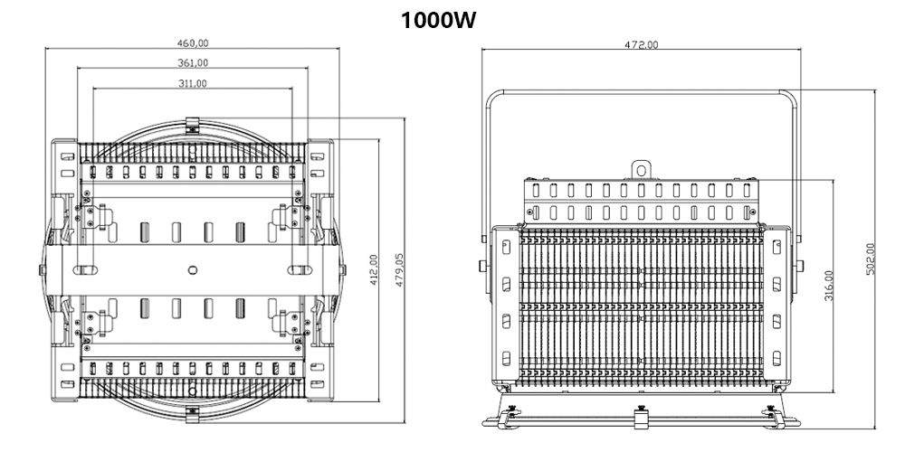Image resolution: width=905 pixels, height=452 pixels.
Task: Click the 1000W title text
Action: [440, 20]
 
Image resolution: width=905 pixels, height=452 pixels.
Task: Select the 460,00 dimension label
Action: [192, 42]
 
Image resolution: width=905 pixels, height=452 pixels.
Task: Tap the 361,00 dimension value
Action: [192, 62]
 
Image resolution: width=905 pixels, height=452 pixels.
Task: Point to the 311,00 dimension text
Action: [192, 83]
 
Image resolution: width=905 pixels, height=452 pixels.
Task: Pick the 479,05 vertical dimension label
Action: [399, 270]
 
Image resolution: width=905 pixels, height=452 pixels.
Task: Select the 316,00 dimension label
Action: [829, 286]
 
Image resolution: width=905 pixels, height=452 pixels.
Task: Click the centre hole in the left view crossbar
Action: [192, 268]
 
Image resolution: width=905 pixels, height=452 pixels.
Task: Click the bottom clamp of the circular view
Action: [192, 412]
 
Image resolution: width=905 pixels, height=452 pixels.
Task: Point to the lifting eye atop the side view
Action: [642, 168]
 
